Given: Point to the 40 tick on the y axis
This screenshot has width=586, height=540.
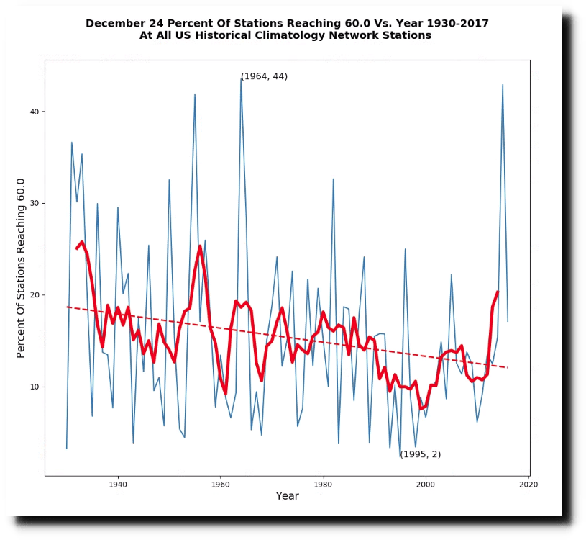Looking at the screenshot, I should click(33, 112).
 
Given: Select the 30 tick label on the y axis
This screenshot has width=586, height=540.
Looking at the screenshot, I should click(33, 203).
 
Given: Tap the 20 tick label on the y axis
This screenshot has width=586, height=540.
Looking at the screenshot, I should click(33, 295).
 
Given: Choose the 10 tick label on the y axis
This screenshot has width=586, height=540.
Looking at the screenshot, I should click(33, 387).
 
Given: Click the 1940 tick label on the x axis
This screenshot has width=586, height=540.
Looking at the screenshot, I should click(117, 484).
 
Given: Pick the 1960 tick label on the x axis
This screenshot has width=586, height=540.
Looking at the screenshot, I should click(220, 484).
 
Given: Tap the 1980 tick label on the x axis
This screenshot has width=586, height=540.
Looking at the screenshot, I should click(323, 484).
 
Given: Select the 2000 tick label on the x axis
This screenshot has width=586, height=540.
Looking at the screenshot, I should click(426, 484).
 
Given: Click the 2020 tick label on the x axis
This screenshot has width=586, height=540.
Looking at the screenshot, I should click(528, 484).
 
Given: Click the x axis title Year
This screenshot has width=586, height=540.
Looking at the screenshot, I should click(287, 496).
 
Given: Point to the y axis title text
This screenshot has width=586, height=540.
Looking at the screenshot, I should click(21, 268).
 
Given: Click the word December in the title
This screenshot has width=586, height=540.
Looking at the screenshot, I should click(112, 23).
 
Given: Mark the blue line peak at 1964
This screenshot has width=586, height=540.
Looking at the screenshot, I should click(241, 79).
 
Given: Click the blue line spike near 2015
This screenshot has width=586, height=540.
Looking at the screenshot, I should click(503, 85).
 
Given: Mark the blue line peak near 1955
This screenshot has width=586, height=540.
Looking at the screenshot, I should click(195, 94).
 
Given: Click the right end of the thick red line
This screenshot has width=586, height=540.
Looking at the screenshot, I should click(498, 292).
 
